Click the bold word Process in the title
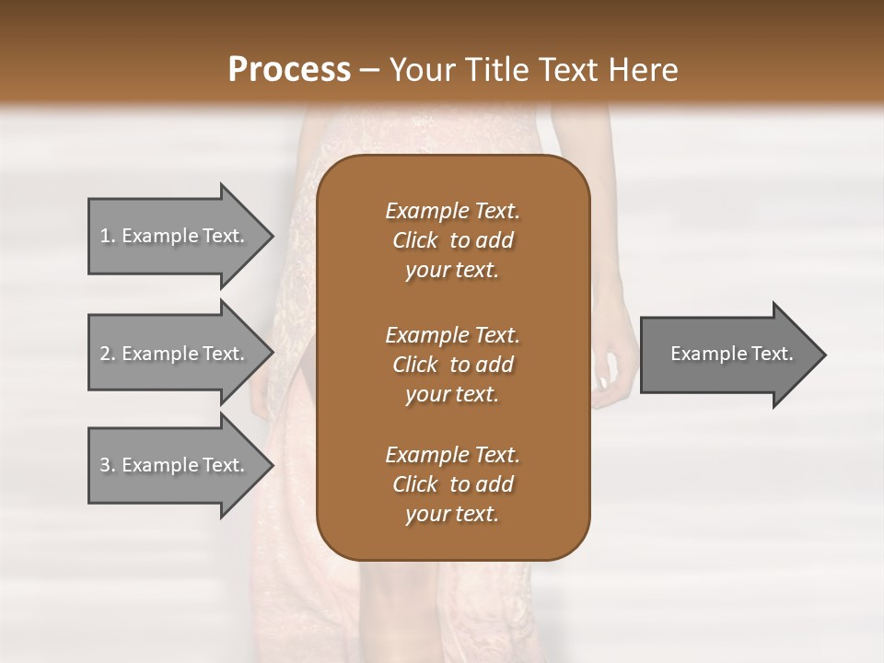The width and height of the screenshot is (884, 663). [289, 70]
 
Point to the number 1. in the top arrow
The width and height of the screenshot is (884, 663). [108, 236]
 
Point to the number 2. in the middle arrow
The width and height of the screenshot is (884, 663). [108, 354]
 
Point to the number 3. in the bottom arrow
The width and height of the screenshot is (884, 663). [108, 465]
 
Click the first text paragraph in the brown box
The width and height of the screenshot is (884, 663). [452, 240]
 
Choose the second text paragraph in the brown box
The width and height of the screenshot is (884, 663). [452, 365]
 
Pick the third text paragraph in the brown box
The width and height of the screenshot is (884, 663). [452, 484]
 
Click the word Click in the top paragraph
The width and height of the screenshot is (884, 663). [415, 240]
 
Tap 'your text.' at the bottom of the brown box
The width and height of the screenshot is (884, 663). [452, 515]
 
